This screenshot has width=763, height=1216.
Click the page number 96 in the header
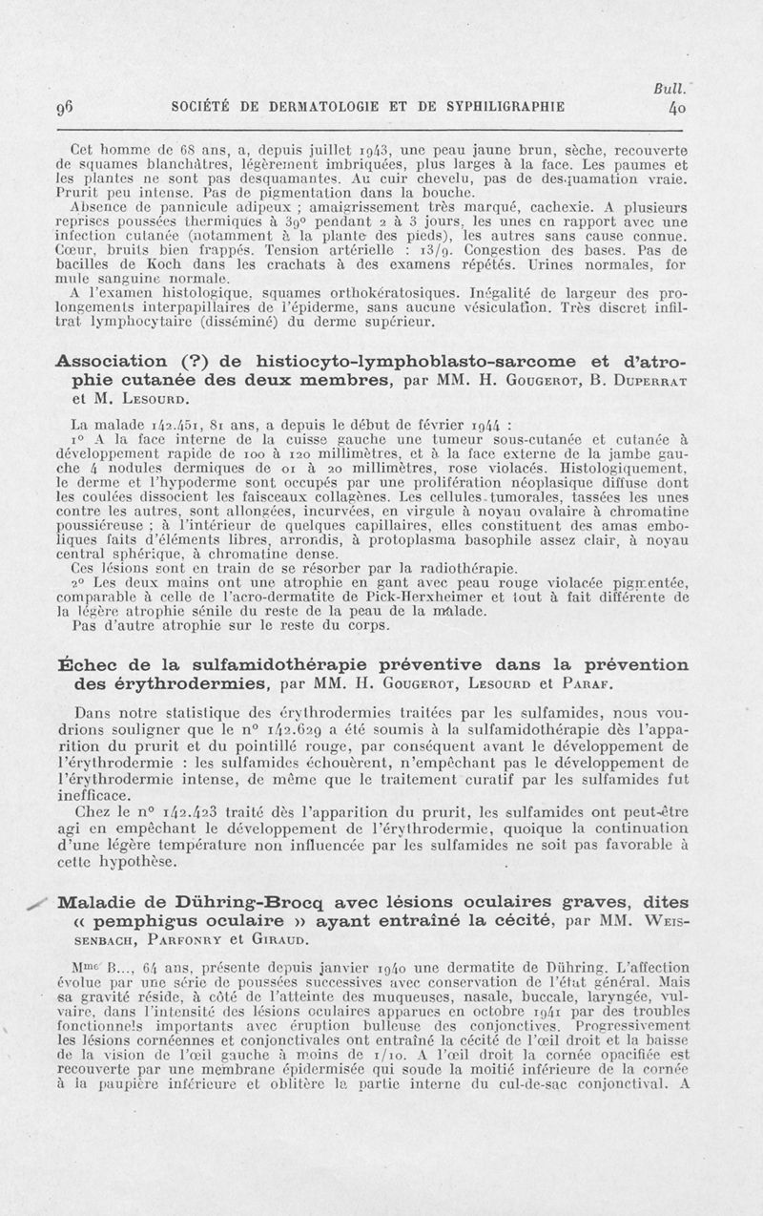[66, 107]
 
